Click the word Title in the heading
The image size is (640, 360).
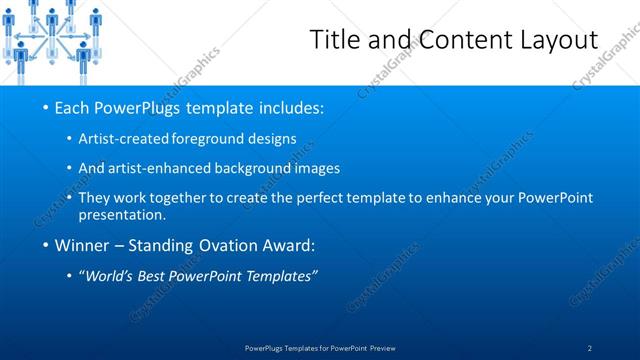[335, 40]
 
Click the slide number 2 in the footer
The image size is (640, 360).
[590, 348]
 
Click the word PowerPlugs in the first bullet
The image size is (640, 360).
[137, 107]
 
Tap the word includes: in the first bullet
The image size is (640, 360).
[288, 107]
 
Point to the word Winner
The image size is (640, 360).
[81, 245]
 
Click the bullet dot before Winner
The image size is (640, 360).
[45, 245]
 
